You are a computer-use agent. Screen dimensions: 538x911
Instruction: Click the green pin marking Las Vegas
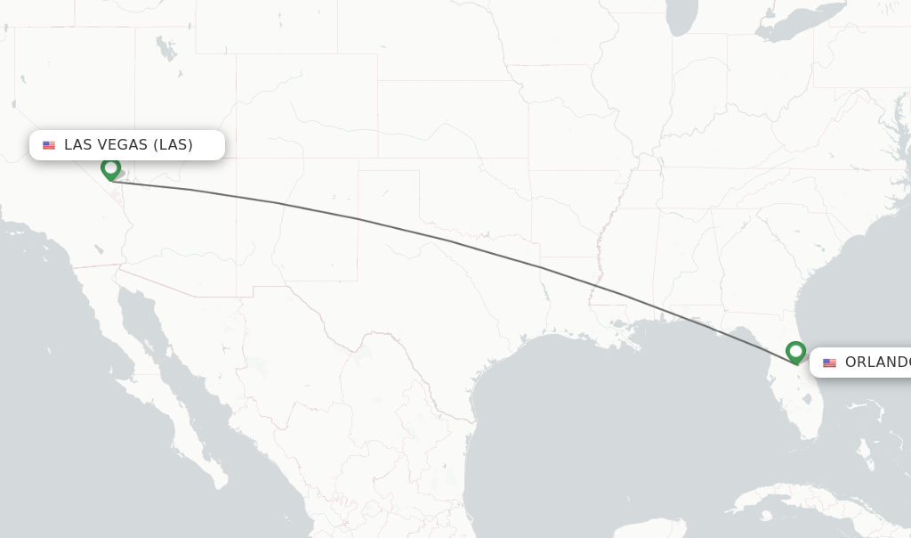[110, 167]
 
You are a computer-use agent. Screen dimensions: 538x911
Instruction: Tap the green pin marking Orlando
[795, 352]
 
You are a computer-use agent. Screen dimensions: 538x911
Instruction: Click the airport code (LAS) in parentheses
[173, 144]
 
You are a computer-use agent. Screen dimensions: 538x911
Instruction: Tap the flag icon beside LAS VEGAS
[49, 145]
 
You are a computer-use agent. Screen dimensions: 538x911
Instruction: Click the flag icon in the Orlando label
[829, 363]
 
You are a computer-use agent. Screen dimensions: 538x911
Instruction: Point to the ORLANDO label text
[877, 362]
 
